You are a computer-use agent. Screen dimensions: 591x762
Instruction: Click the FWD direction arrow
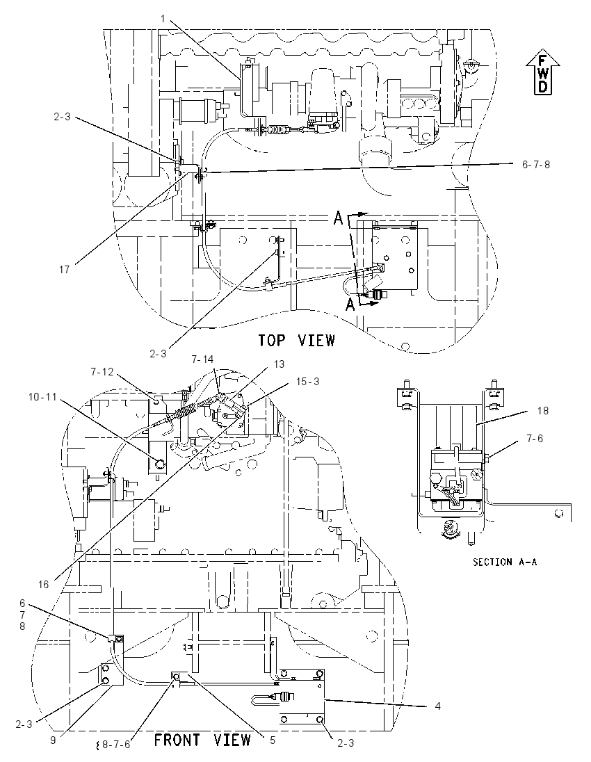[x=542, y=74]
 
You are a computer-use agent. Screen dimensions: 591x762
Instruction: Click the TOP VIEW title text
[x=296, y=340]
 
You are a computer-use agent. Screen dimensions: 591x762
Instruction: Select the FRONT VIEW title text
[x=202, y=740]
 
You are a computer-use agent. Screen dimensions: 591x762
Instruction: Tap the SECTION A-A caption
[x=505, y=562]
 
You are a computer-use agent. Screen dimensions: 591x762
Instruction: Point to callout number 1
[x=163, y=19]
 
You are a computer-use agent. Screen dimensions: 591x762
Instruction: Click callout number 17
[x=64, y=269]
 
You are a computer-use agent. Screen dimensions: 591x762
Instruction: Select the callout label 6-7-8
[x=536, y=164]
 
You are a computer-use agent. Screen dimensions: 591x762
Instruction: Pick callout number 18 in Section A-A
[x=543, y=411]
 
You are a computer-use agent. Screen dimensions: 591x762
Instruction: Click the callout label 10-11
[x=42, y=397]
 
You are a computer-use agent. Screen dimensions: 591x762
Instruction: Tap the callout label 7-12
[x=102, y=372]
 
